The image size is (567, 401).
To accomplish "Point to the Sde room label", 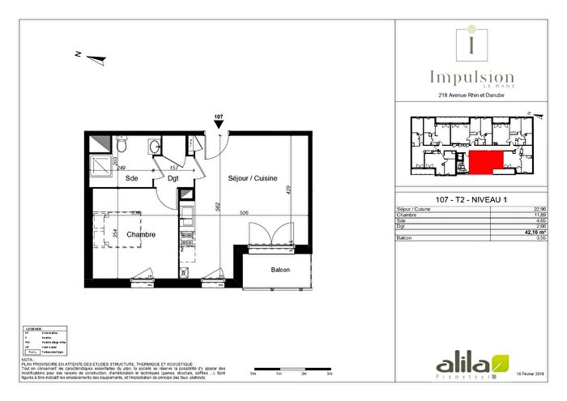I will [132, 178].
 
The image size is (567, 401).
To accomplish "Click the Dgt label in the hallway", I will [173, 178].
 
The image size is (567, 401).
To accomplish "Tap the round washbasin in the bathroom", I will [154, 147].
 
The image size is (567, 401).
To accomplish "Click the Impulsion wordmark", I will [471, 79].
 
